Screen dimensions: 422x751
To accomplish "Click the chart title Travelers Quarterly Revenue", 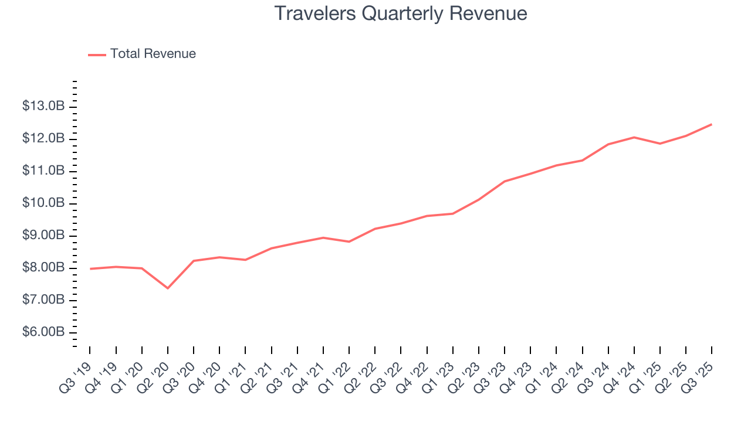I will click(x=401, y=13).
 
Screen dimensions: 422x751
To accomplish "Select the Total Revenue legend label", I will click(x=153, y=54).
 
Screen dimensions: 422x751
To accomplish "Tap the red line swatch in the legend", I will click(x=97, y=55).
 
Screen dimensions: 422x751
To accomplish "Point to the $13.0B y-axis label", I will click(x=43, y=107).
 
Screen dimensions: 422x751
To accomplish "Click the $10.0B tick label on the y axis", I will click(x=43, y=203).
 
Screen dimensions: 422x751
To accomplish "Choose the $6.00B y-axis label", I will click(x=43, y=332).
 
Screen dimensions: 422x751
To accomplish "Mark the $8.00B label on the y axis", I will click(x=43, y=268).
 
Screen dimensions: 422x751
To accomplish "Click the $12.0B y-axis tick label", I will click(x=43, y=139).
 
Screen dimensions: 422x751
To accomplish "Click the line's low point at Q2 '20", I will click(x=168, y=288).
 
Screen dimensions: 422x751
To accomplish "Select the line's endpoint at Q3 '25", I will click(x=712, y=124).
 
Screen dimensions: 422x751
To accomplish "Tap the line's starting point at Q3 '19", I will click(x=90, y=268).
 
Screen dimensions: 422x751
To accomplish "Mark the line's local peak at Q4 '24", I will click(x=634, y=137).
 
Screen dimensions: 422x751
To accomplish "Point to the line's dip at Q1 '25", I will click(x=660, y=144).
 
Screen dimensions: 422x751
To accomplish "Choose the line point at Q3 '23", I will click(x=505, y=181).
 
